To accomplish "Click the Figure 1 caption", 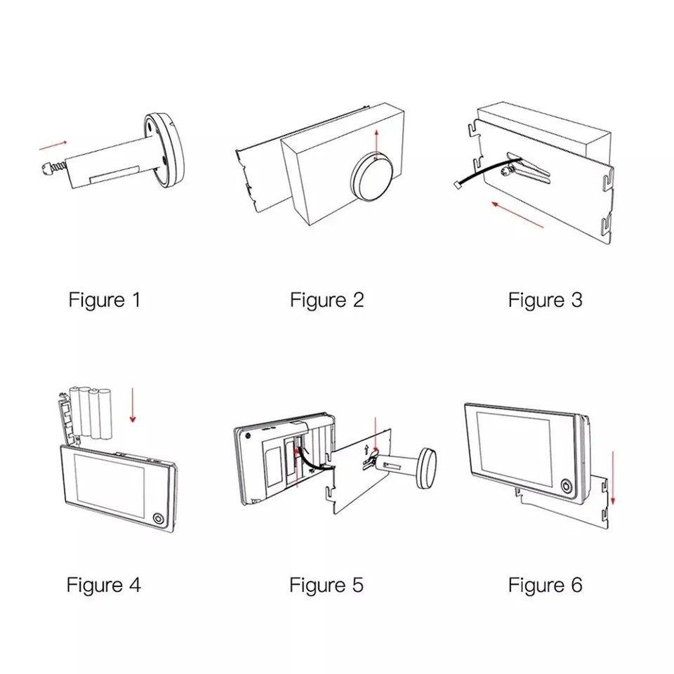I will click(x=105, y=300).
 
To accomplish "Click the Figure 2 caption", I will click(x=327, y=300).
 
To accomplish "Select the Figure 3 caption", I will click(x=546, y=300).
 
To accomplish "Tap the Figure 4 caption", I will click(x=103, y=585).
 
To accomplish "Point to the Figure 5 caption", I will click(x=326, y=585).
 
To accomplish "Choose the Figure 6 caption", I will click(x=546, y=585).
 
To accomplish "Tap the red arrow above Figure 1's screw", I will click(x=54, y=145).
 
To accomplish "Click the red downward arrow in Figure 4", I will click(x=133, y=409).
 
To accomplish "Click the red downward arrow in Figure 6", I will click(x=613, y=477).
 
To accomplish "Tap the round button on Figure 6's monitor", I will click(x=566, y=487).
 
